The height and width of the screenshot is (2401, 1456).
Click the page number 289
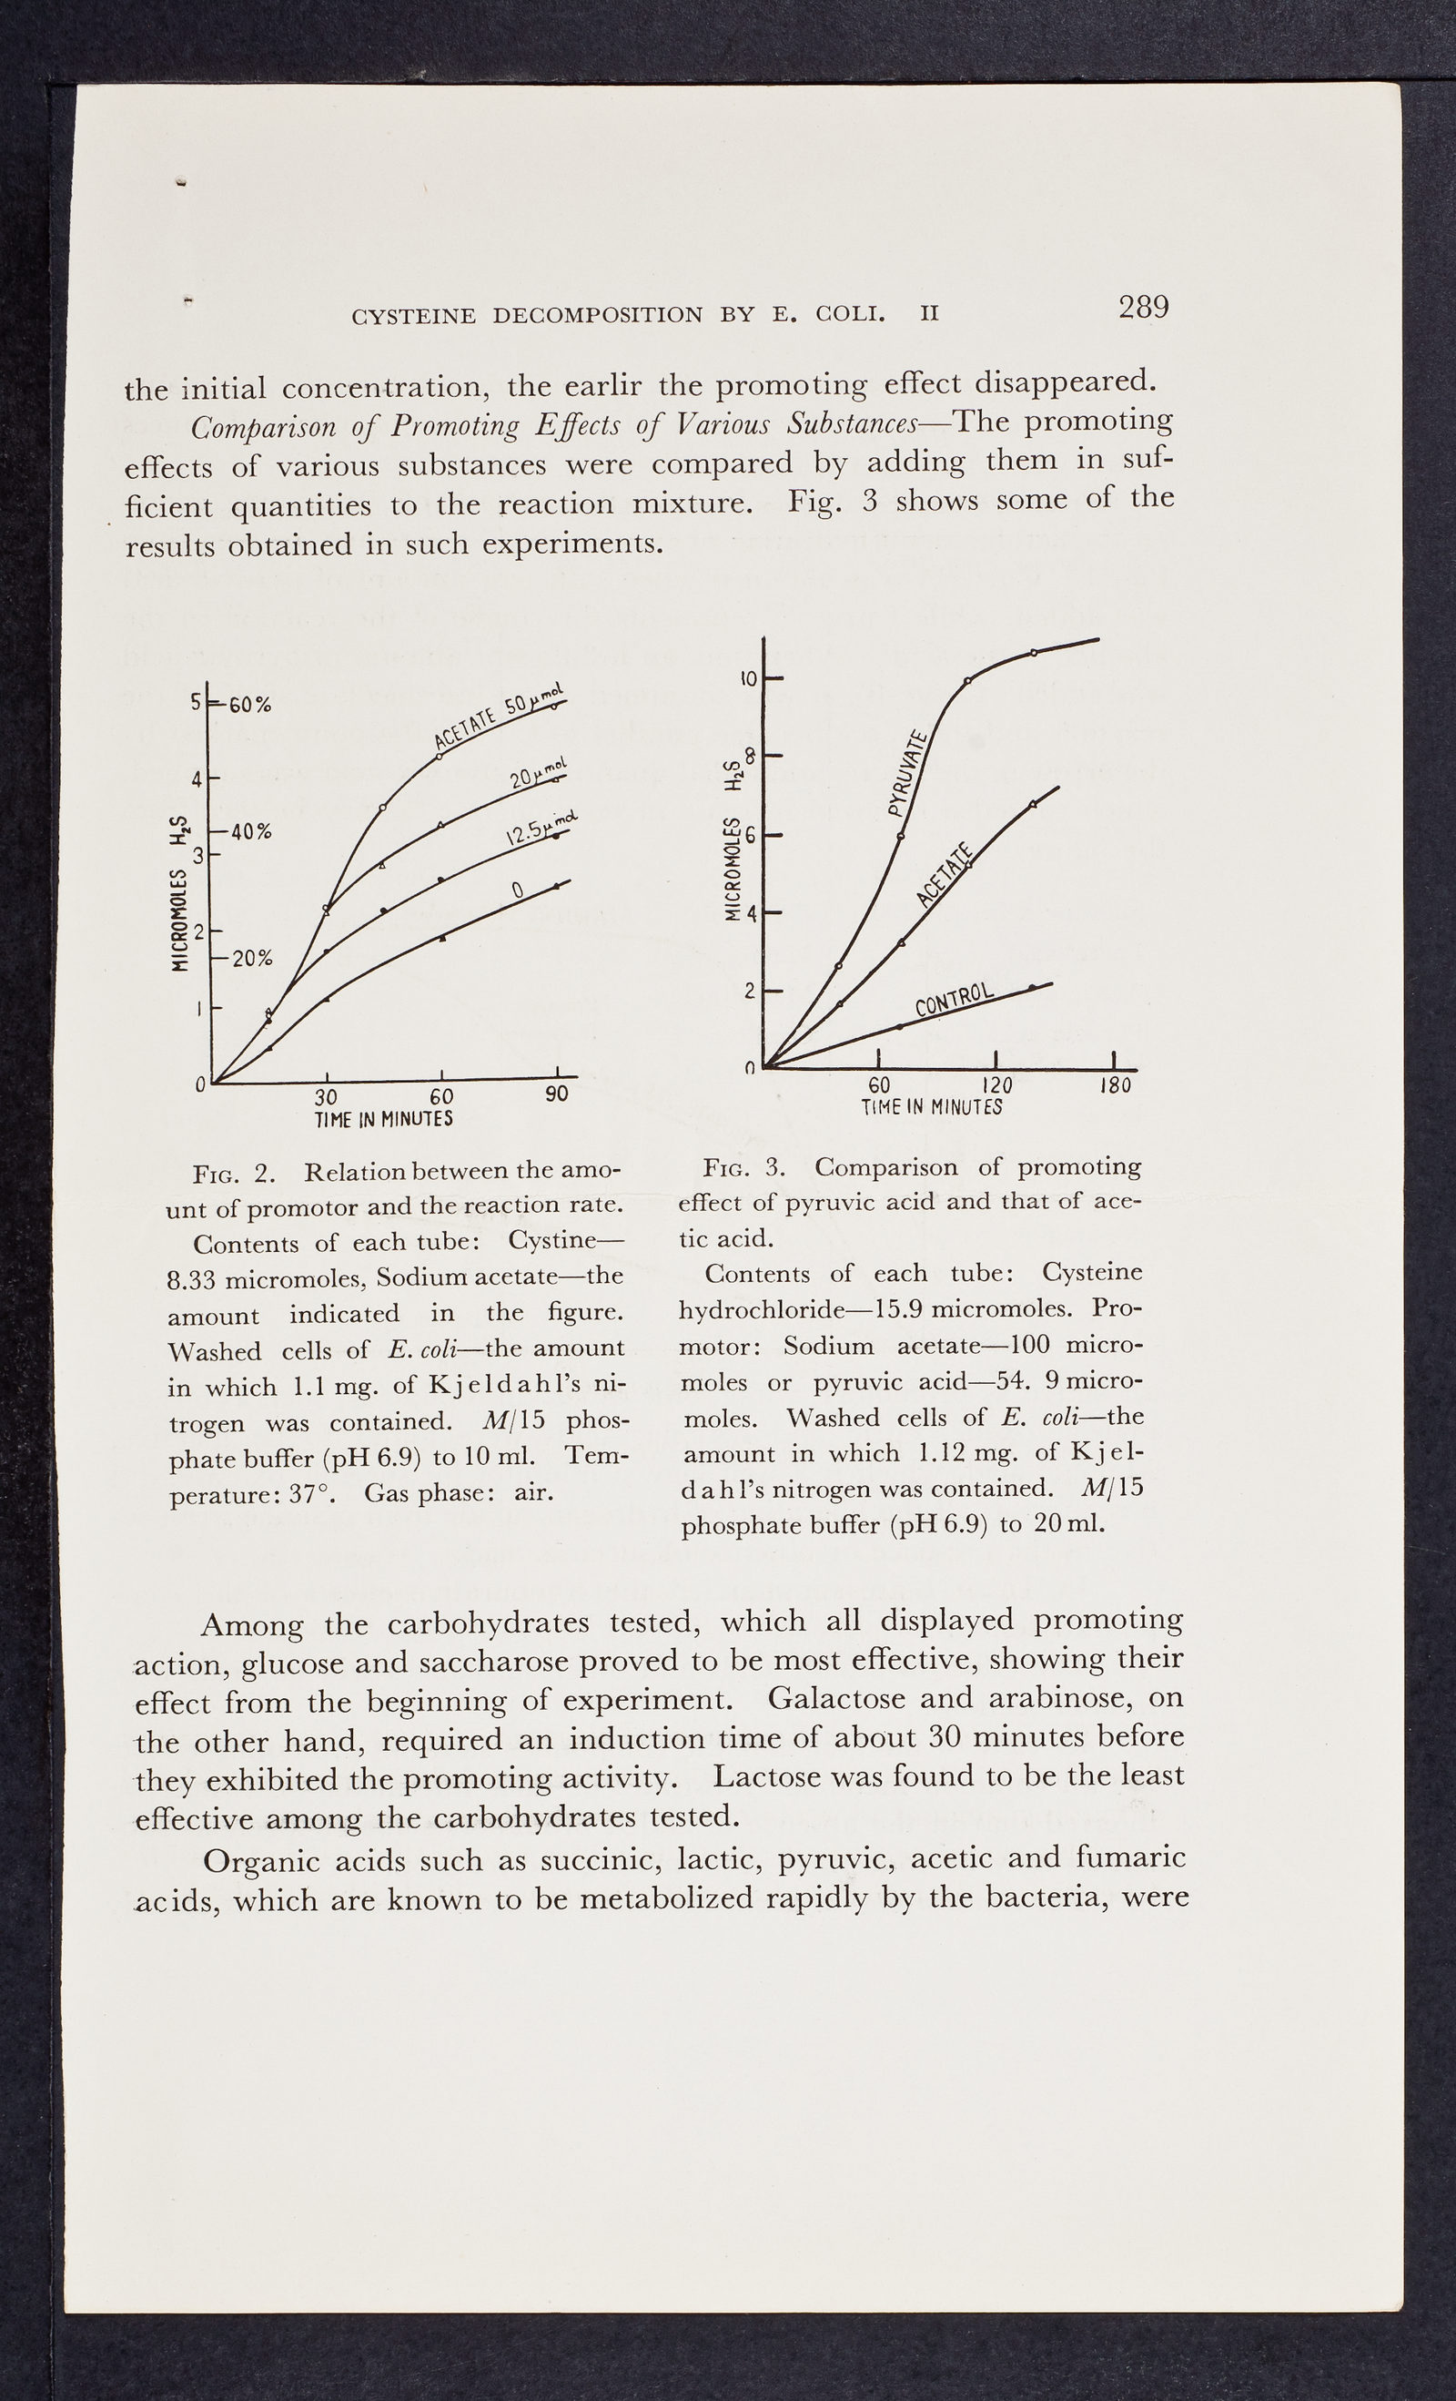tap(1142, 308)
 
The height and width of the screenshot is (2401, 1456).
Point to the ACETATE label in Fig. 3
tap(945, 877)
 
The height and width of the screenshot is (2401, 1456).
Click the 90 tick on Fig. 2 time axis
tap(556, 1094)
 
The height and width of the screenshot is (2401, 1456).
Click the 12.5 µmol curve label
tap(541, 829)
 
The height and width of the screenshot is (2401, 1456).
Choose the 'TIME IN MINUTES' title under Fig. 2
tap(384, 1120)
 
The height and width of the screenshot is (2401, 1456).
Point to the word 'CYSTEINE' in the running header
tap(414, 317)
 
